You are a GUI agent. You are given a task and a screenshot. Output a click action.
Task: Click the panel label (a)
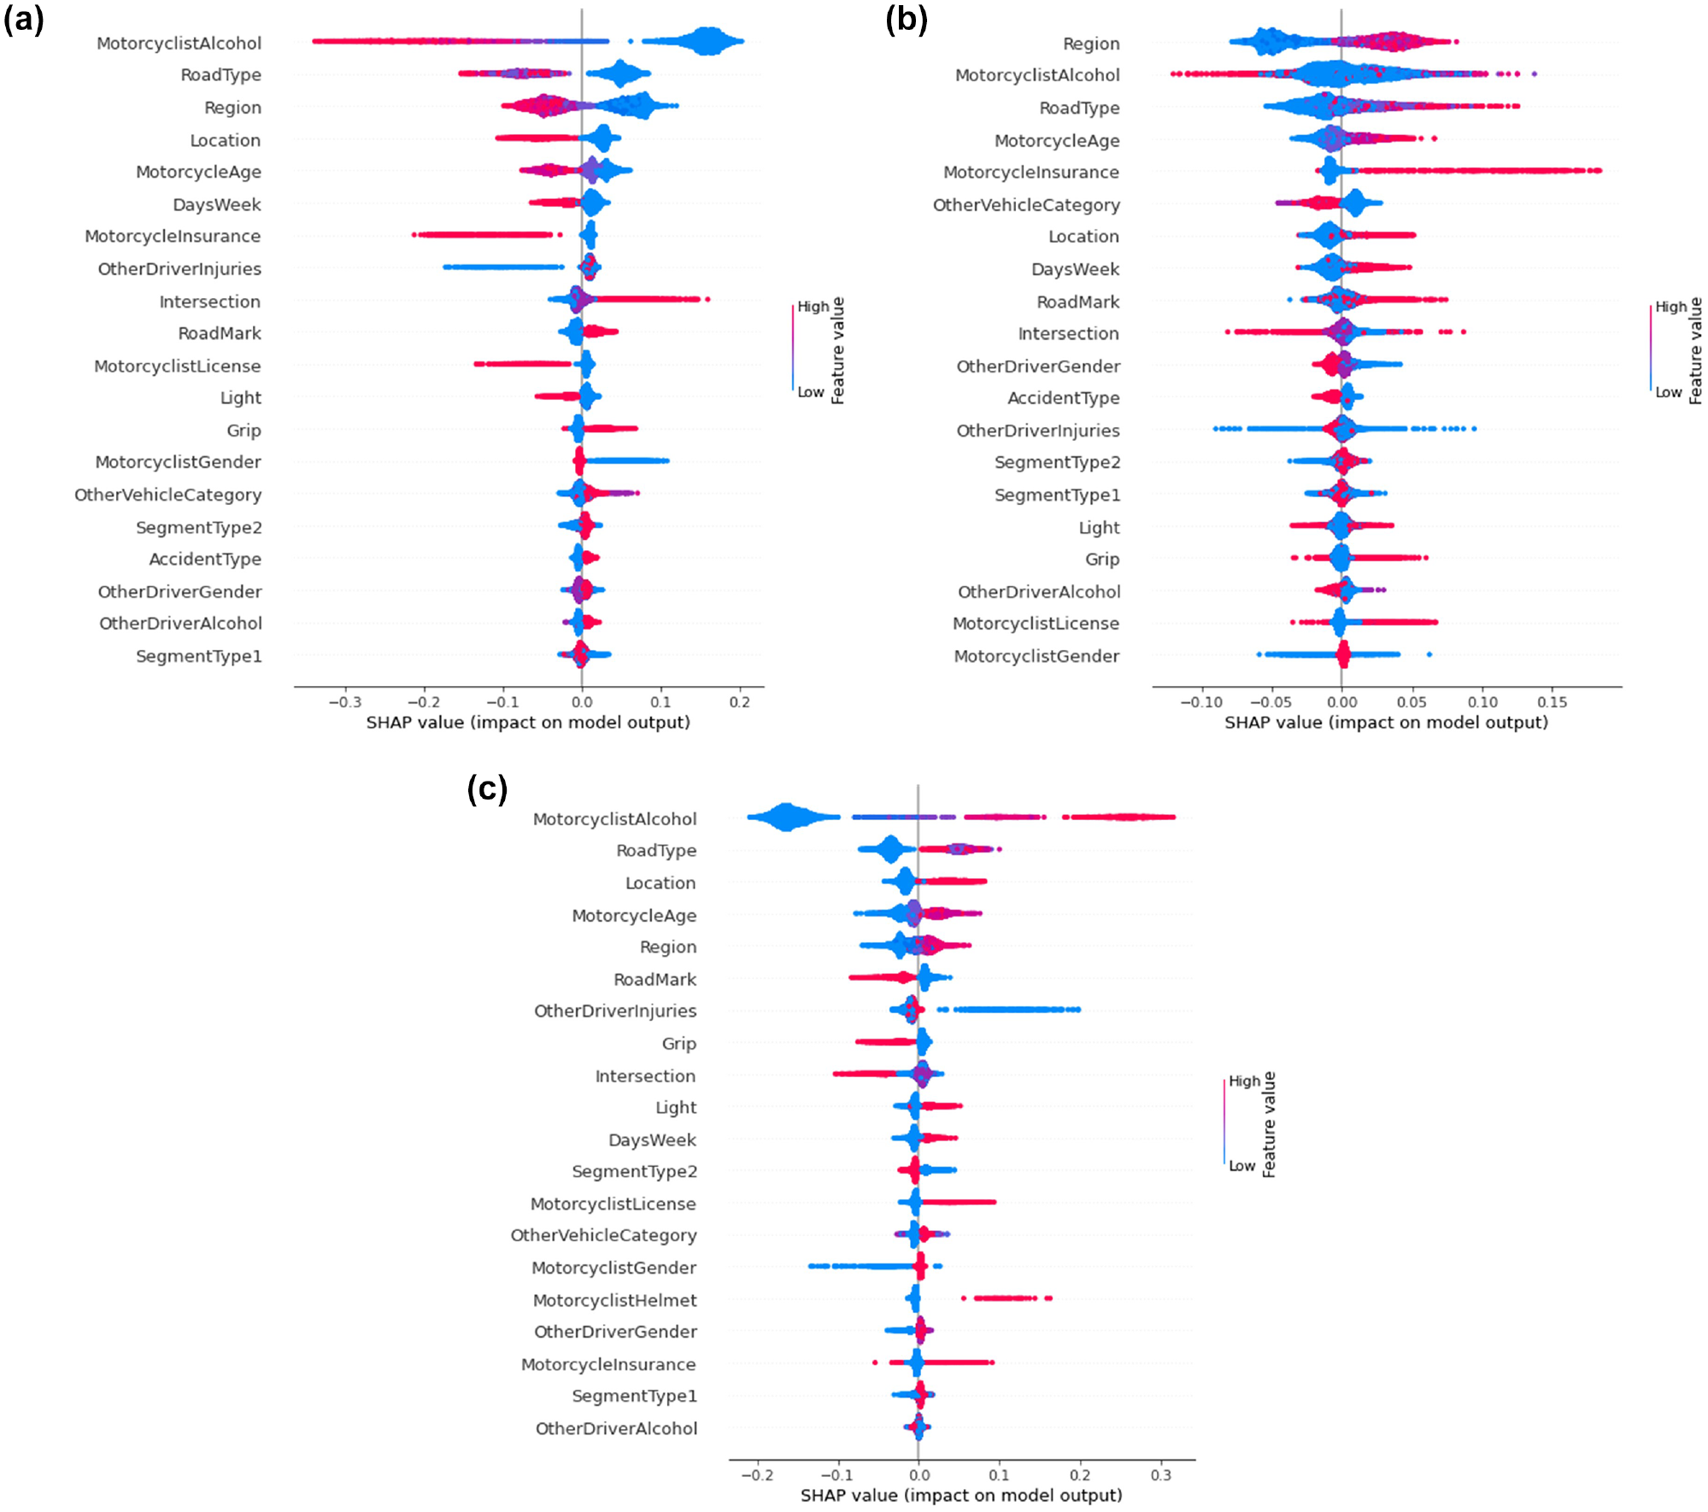24,19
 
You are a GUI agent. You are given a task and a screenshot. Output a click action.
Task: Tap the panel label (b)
907,19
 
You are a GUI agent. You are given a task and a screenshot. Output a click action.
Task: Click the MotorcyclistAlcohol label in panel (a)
179,43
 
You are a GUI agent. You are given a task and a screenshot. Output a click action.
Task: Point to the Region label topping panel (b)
1091,44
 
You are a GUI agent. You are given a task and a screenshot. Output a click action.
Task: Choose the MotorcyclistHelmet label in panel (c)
614,1300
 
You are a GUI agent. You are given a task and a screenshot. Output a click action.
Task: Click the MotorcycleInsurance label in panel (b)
1030,172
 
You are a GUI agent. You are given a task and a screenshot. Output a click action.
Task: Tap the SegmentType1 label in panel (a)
199,656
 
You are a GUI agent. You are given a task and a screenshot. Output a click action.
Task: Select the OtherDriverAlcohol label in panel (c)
616,1428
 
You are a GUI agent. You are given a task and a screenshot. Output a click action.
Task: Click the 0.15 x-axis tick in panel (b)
1552,702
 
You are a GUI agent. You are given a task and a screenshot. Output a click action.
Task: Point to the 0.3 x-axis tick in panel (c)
1161,1475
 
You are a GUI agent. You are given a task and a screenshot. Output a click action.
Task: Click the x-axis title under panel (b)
1386,723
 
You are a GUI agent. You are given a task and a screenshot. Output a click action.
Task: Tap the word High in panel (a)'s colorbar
813,307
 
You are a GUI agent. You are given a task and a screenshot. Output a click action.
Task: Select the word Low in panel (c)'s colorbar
1242,1166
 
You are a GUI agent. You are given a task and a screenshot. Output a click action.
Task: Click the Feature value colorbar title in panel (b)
1696,350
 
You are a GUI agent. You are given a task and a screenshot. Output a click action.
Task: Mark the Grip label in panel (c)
679,1044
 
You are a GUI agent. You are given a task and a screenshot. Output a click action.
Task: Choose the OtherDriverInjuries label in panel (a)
179,269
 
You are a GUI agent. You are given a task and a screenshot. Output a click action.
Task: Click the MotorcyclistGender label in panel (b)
1036,656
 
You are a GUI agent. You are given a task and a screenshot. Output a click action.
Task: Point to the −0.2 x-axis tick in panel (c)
756,1475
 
